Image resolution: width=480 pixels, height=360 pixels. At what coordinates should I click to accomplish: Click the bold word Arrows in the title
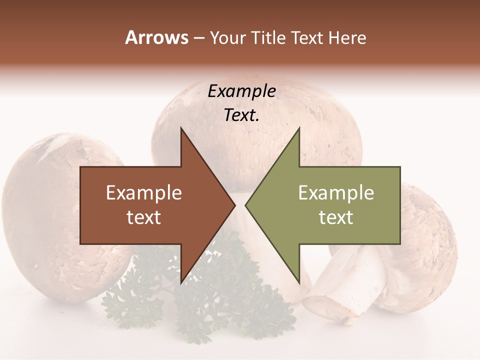(157, 37)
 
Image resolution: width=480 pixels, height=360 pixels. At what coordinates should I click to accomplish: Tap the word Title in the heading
(269, 38)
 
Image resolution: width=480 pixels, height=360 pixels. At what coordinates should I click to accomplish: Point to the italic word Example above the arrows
(242, 91)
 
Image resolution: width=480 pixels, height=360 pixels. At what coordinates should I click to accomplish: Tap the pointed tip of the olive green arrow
(246, 205)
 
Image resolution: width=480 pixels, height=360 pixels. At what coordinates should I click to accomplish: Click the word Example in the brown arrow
(144, 193)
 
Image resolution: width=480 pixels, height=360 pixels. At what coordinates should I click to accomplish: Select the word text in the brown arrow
(144, 217)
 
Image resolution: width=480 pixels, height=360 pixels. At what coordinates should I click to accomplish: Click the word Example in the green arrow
(336, 193)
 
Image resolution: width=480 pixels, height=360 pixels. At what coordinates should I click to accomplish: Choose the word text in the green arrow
(336, 217)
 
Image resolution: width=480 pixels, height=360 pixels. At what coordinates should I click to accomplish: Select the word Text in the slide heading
(309, 38)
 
